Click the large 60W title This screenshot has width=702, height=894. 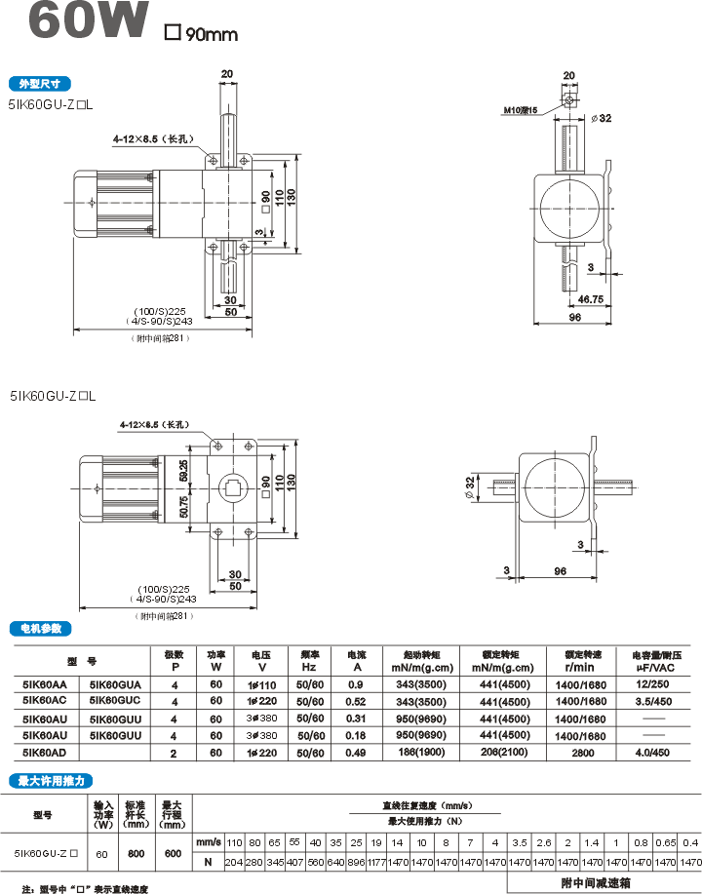click(89, 22)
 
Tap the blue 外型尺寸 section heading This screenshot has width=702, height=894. click(39, 83)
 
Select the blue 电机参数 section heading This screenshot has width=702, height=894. click(39, 629)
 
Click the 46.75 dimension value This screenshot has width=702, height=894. click(590, 299)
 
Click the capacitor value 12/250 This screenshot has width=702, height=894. click(653, 684)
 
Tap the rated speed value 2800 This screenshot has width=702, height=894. click(582, 753)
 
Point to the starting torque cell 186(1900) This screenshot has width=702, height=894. click(418, 753)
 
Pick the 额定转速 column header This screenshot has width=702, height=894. click(582, 653)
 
